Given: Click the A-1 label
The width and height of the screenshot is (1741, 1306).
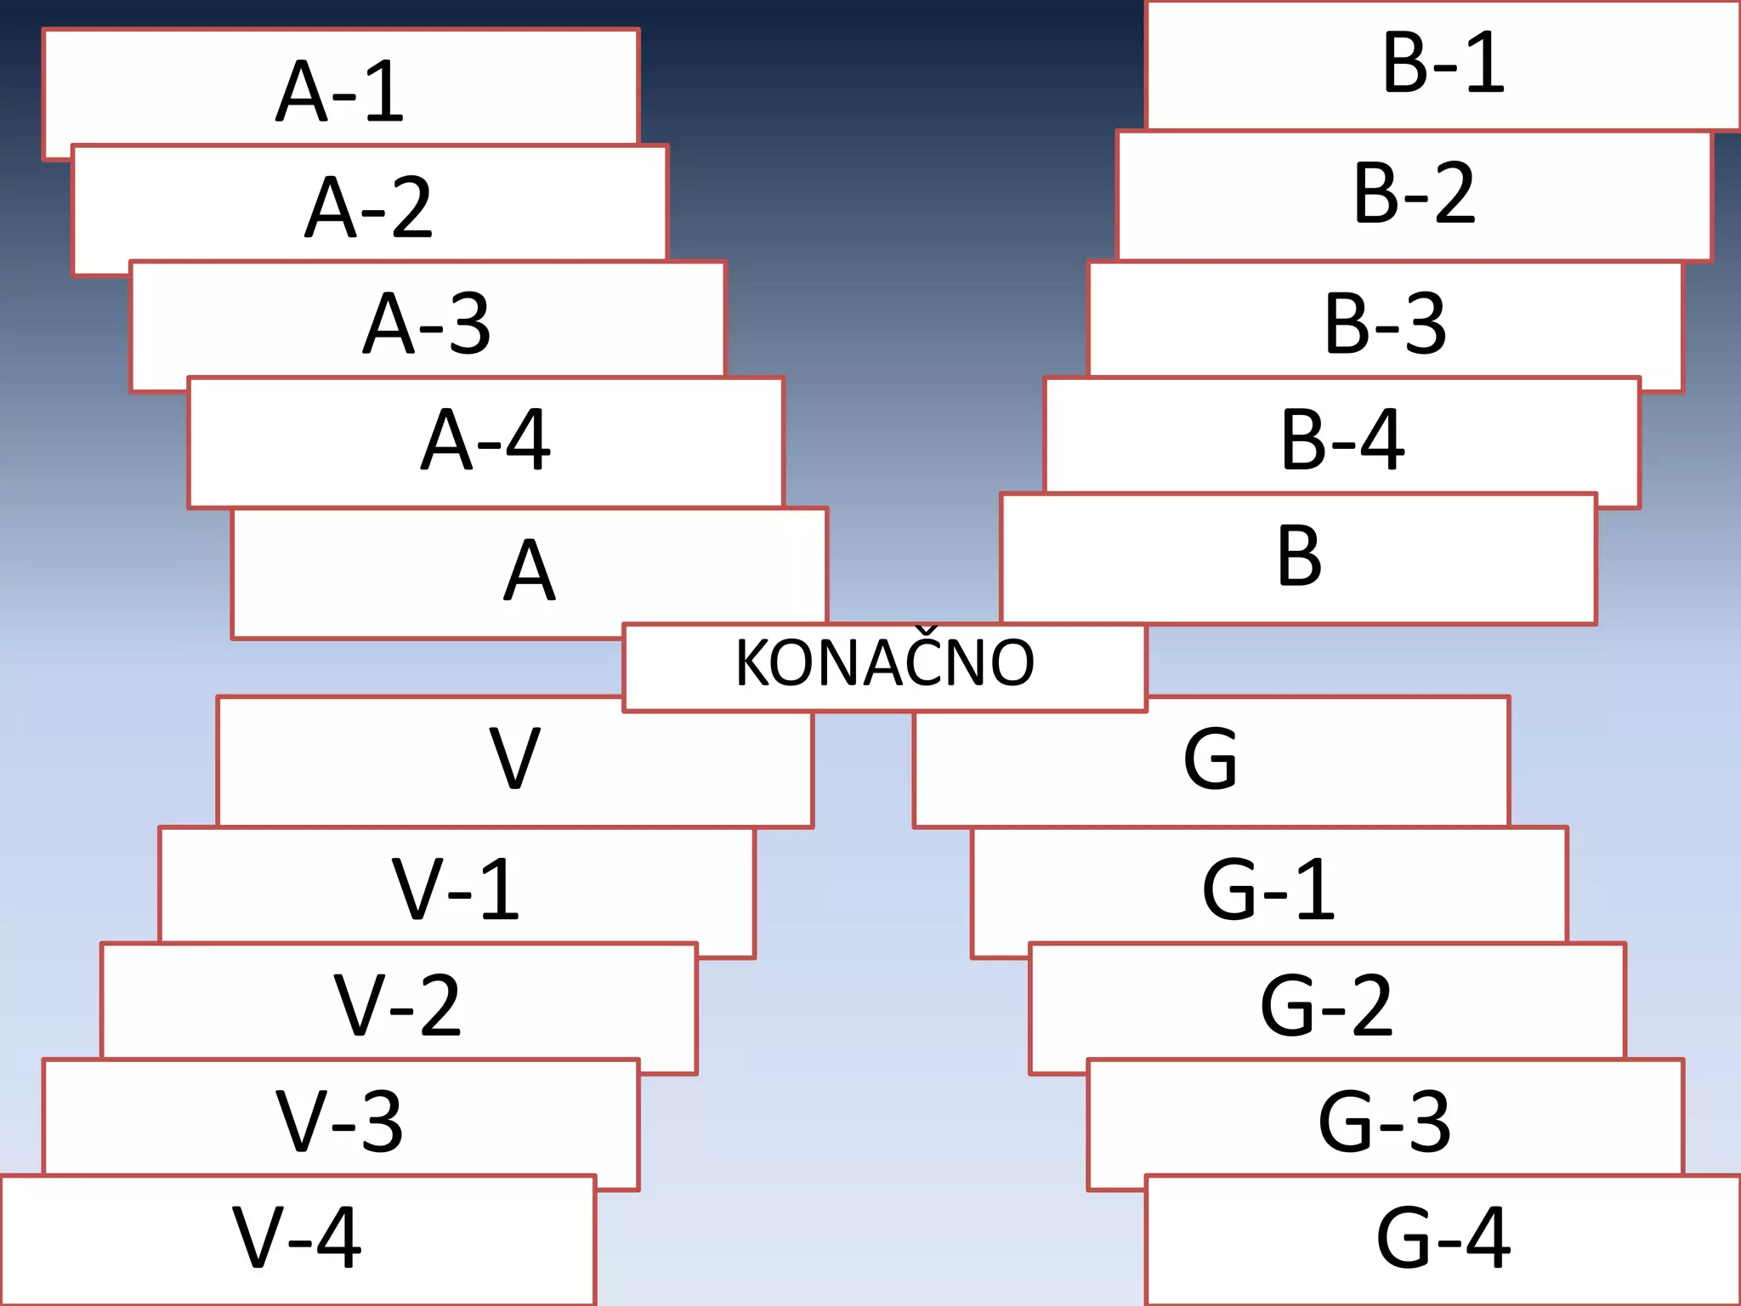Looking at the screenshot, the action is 340,91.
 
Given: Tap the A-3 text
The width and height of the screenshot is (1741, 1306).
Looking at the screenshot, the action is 427,323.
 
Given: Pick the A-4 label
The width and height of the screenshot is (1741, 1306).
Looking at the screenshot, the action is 485,440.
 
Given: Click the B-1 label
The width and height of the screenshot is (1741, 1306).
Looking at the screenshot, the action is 1443,62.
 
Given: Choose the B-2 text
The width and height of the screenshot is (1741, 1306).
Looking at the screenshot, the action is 1414,194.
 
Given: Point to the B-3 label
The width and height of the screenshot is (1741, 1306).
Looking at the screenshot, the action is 1385,324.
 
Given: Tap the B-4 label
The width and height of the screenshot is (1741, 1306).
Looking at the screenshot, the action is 1342,440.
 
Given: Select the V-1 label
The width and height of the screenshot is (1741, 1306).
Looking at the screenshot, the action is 456,889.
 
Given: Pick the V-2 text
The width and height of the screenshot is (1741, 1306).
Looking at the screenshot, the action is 397,1005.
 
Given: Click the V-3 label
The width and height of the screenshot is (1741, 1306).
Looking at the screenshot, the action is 339,1121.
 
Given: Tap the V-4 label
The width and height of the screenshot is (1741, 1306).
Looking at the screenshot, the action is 297,1237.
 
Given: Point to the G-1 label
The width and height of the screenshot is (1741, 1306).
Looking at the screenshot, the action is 1268,889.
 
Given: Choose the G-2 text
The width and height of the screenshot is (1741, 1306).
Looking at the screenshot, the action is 1326,1005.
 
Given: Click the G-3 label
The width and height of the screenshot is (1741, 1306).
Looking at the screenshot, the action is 1385,1121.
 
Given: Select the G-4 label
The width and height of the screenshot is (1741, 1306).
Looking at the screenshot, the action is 1443,1237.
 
